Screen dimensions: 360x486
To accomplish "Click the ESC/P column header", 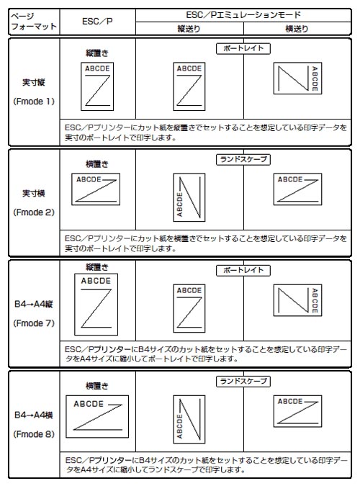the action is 97,22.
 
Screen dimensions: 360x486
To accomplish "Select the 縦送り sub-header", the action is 189,29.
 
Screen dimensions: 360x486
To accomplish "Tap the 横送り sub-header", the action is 297,29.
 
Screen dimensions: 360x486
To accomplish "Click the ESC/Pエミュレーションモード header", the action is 243,15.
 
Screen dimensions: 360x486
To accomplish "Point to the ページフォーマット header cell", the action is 34,22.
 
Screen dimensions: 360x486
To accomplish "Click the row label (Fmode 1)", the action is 34,102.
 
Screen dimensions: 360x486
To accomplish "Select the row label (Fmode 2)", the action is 34,212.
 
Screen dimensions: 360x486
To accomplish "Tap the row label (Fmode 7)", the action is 34,323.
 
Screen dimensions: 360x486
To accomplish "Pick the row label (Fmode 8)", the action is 34,434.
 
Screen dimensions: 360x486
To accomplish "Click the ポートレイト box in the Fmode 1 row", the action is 243,49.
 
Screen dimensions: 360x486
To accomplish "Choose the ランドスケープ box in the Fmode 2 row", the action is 243,160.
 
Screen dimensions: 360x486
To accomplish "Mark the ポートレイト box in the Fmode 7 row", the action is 243,271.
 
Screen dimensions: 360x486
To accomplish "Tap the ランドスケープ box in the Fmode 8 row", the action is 243,382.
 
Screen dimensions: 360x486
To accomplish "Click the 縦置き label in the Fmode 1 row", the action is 97,53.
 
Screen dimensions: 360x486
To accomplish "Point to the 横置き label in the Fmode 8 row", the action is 97,386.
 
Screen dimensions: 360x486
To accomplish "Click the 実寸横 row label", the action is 34,194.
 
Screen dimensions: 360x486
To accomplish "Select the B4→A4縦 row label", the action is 34,305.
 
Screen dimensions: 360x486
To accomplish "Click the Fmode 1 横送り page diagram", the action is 297,78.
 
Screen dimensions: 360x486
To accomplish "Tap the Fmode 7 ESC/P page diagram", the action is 96,305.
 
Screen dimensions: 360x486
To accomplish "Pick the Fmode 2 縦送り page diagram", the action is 189,197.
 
